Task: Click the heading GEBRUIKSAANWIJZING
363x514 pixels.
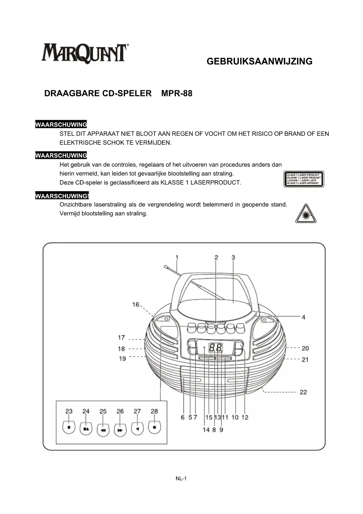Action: pos(259,62)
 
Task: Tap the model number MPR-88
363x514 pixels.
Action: pos(177,93)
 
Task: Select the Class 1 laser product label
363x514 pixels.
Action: pos(304,179)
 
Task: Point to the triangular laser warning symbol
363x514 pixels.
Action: pos(306,214)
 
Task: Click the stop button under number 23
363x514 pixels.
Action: pos(69,428)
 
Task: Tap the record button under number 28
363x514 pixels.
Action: pos(154,428)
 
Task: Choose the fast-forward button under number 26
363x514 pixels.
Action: pos(120,430)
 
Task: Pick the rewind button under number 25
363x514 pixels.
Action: pos(103,430)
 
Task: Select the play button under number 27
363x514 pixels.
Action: pos(137,429)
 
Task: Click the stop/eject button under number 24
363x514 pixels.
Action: pos(86,428)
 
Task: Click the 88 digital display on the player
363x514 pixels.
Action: pos(216,348)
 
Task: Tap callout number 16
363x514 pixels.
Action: pos(136,304)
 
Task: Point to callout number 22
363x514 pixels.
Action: pos(303,392)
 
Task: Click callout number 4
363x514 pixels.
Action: pos(304,317)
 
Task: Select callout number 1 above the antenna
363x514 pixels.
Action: pos(177,257)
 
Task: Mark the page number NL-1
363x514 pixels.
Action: pos(181,479)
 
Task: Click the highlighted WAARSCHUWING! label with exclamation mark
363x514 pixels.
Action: pos(62,196)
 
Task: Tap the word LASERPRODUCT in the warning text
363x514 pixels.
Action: pos(216,183)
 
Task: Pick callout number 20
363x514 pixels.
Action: pos(305,348)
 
